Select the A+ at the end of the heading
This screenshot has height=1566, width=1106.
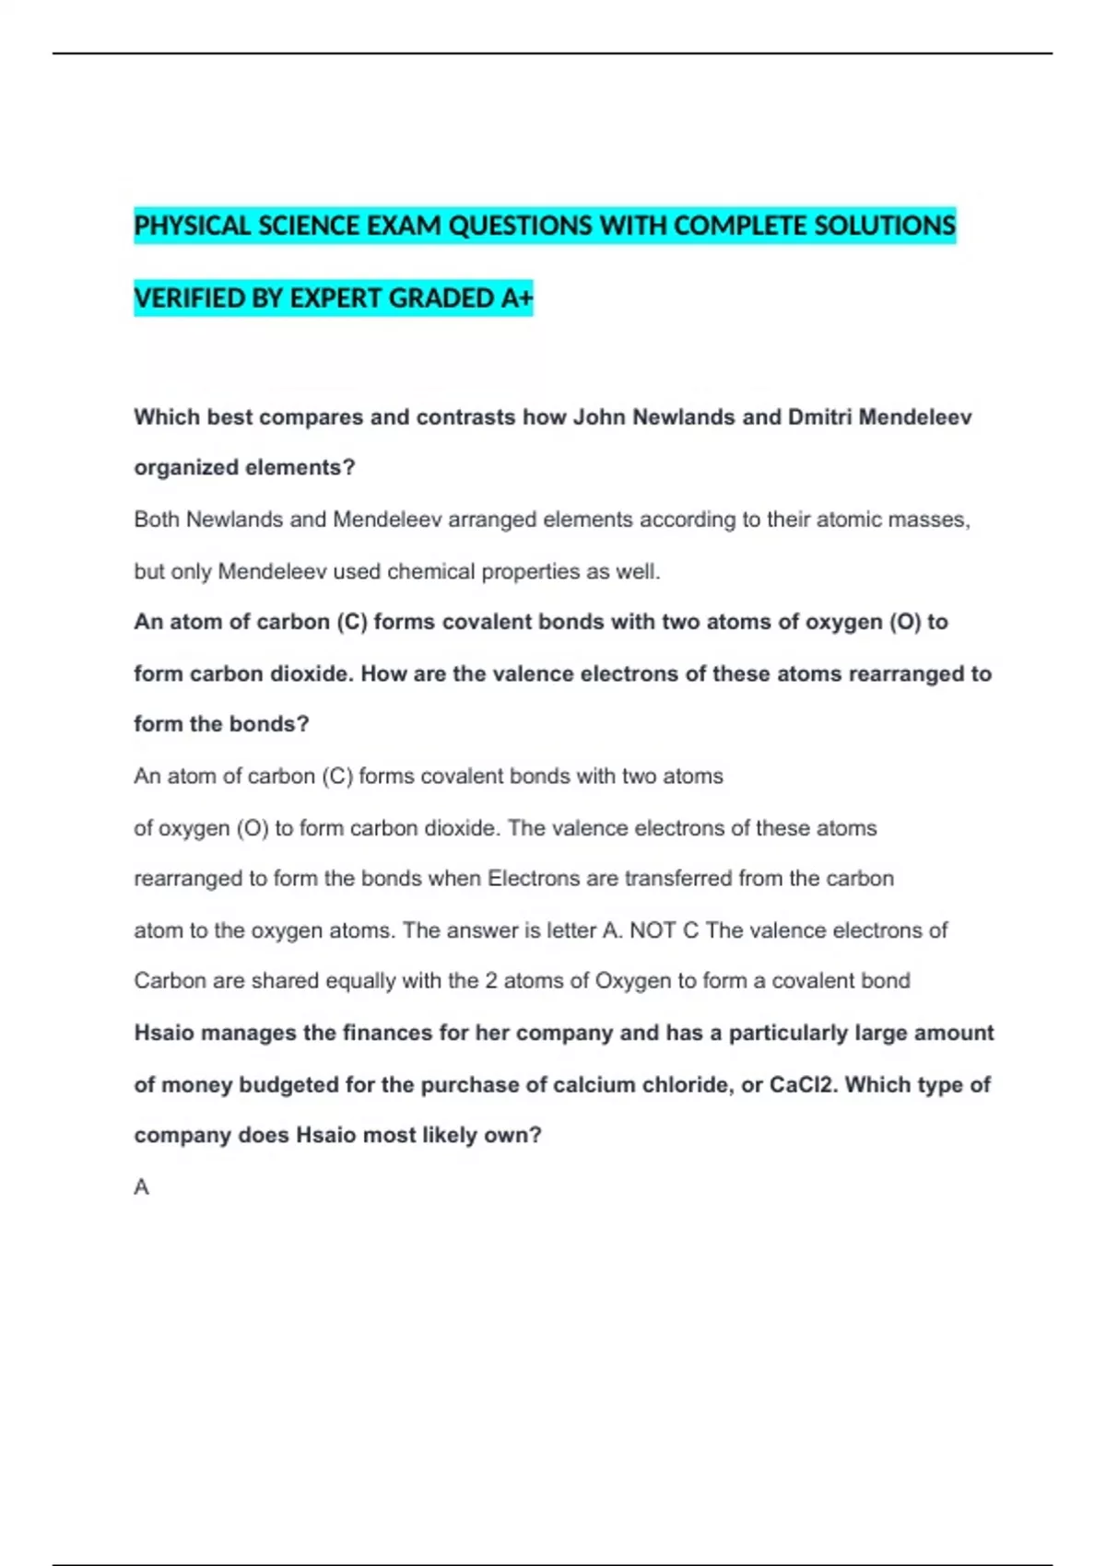coord(517,298)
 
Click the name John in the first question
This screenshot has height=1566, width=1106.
coord(599,417)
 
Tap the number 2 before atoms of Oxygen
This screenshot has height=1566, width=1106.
coord(491,981)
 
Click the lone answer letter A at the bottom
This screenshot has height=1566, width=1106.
coord(141,1187)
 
